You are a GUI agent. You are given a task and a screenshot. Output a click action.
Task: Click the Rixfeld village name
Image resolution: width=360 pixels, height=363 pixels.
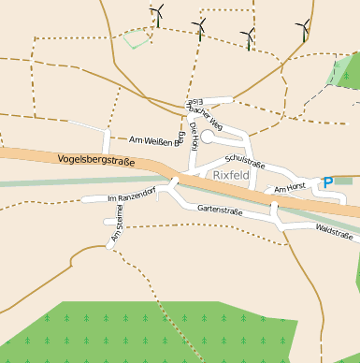[x=230, y=175]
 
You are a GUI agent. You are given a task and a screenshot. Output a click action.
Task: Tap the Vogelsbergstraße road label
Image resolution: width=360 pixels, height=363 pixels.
[x=96, y=161]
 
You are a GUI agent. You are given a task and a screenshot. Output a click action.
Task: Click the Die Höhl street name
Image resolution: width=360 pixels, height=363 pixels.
[x=194, y=136]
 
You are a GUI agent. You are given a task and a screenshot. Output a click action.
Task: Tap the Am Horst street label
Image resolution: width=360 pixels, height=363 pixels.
[x=290, y=189]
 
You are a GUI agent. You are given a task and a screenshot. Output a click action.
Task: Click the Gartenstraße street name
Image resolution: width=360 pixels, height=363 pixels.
[x=220, y=211]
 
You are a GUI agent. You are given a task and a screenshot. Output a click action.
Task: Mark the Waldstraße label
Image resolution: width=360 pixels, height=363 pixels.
[x=334, y=229]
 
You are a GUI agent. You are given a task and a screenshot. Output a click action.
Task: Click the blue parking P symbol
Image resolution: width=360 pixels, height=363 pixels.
[x=327, y=182]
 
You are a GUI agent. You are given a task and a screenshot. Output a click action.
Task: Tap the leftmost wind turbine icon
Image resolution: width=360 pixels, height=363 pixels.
[x=157, y=15]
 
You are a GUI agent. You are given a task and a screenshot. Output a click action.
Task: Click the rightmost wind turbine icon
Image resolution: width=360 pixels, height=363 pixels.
[x=303, y=30]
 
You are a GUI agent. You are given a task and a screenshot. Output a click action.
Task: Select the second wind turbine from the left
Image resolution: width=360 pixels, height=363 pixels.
[x=198, y=28]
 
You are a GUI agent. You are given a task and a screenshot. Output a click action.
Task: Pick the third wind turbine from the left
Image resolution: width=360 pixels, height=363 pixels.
[x=248, y=38]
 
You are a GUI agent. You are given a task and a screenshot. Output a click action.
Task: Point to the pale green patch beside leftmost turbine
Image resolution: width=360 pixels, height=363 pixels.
[x=137, y=38]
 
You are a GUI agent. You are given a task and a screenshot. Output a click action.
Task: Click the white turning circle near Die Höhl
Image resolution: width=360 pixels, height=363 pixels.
[x=208, y=137]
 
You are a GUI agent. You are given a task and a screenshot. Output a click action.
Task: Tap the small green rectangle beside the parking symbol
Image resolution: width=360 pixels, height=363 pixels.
[x=343, y=180]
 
